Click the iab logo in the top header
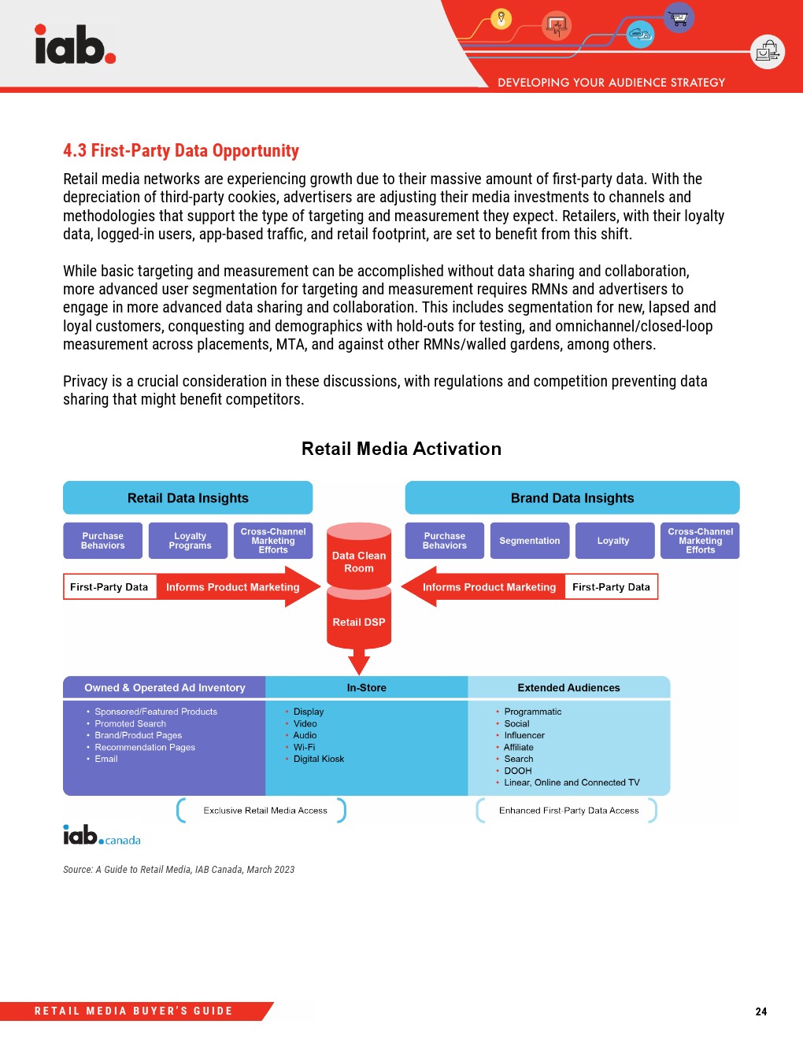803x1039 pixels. tap(75, 45)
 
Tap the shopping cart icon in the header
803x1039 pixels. tap(678, 17)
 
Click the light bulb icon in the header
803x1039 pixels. tap(501, 18)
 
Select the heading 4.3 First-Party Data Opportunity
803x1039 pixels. tap(181, 150)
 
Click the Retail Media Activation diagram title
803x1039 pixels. tap(401, 449)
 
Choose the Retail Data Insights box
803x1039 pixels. tap(187, 497)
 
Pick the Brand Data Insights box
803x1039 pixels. tap(572, 497)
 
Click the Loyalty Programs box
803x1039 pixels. tap(190, 541)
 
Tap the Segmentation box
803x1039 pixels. tap(529, 541)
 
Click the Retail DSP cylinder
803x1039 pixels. tap(359, 622)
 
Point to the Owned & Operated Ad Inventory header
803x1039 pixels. tap(165, 687)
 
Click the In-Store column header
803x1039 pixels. tap(366, 687)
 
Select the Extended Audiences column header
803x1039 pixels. tap(568, 687)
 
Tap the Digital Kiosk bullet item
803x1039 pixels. tap(318, 759)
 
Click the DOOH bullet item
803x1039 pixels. tap(517, 771)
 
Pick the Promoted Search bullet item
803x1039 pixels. tap(130, 723)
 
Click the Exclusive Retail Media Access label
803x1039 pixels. tap(265, 810)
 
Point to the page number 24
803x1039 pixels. tap(760, 1011)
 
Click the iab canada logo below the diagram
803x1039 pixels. tap(102, 835)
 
